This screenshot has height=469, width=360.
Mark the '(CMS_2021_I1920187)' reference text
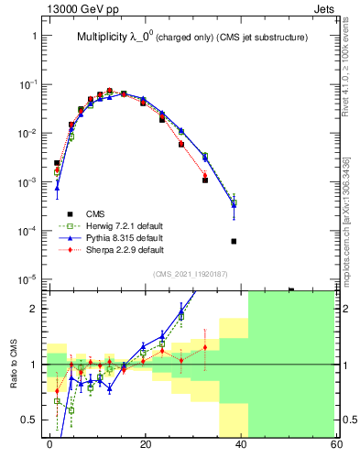(191, 273)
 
